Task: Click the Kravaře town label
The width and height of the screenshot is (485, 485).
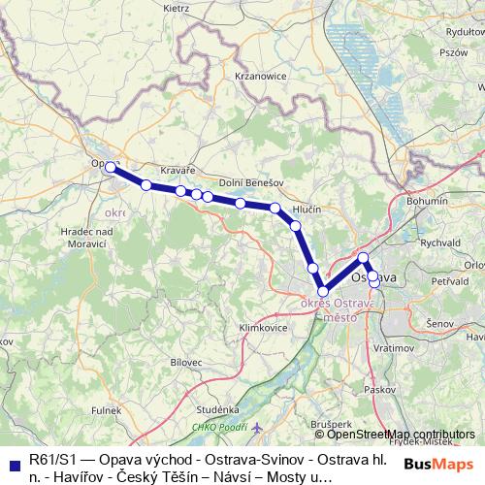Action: click(x=178, y=169)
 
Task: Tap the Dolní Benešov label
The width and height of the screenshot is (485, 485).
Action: click(x=250, y=182)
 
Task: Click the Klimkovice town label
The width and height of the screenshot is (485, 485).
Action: click(x=263, y=328)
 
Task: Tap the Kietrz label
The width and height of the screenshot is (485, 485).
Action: click(x=177, y=7)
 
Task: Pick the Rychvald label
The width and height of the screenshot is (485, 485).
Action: click(x=439, y=242)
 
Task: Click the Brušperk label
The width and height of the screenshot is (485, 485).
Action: click(x=331, y=424)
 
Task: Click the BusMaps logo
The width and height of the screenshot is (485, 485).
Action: click(x=439, y=465)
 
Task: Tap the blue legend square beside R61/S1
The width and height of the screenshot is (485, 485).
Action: click(x=14, y=462)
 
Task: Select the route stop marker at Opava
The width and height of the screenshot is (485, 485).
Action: click(x=111, y=168)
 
